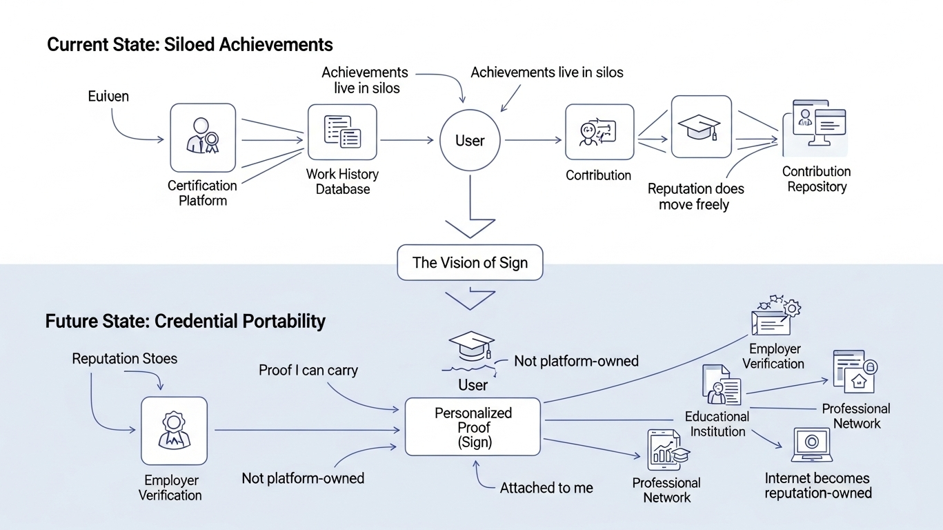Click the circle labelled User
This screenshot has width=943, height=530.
(470, 141)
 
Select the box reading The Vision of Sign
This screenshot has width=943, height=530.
(470, 263)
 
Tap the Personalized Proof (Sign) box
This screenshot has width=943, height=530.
(473, 427)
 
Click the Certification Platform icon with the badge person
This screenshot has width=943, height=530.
(203, 137)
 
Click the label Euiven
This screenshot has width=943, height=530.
(108, 96)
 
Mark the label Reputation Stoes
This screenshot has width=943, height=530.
(125, 359)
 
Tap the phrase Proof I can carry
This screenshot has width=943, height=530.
(308, 371)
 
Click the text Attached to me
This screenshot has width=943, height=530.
(546, 488)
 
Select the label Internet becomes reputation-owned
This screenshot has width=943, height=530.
(818, 485)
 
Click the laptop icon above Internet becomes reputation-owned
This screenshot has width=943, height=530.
(813, 444)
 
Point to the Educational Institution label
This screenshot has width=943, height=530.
(717, 424)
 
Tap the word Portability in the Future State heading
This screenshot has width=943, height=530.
(284, 322)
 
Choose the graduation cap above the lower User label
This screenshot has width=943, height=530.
(472, 346)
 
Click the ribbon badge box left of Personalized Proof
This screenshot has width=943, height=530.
(174, 430)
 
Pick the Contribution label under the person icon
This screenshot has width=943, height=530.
(598, 175)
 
